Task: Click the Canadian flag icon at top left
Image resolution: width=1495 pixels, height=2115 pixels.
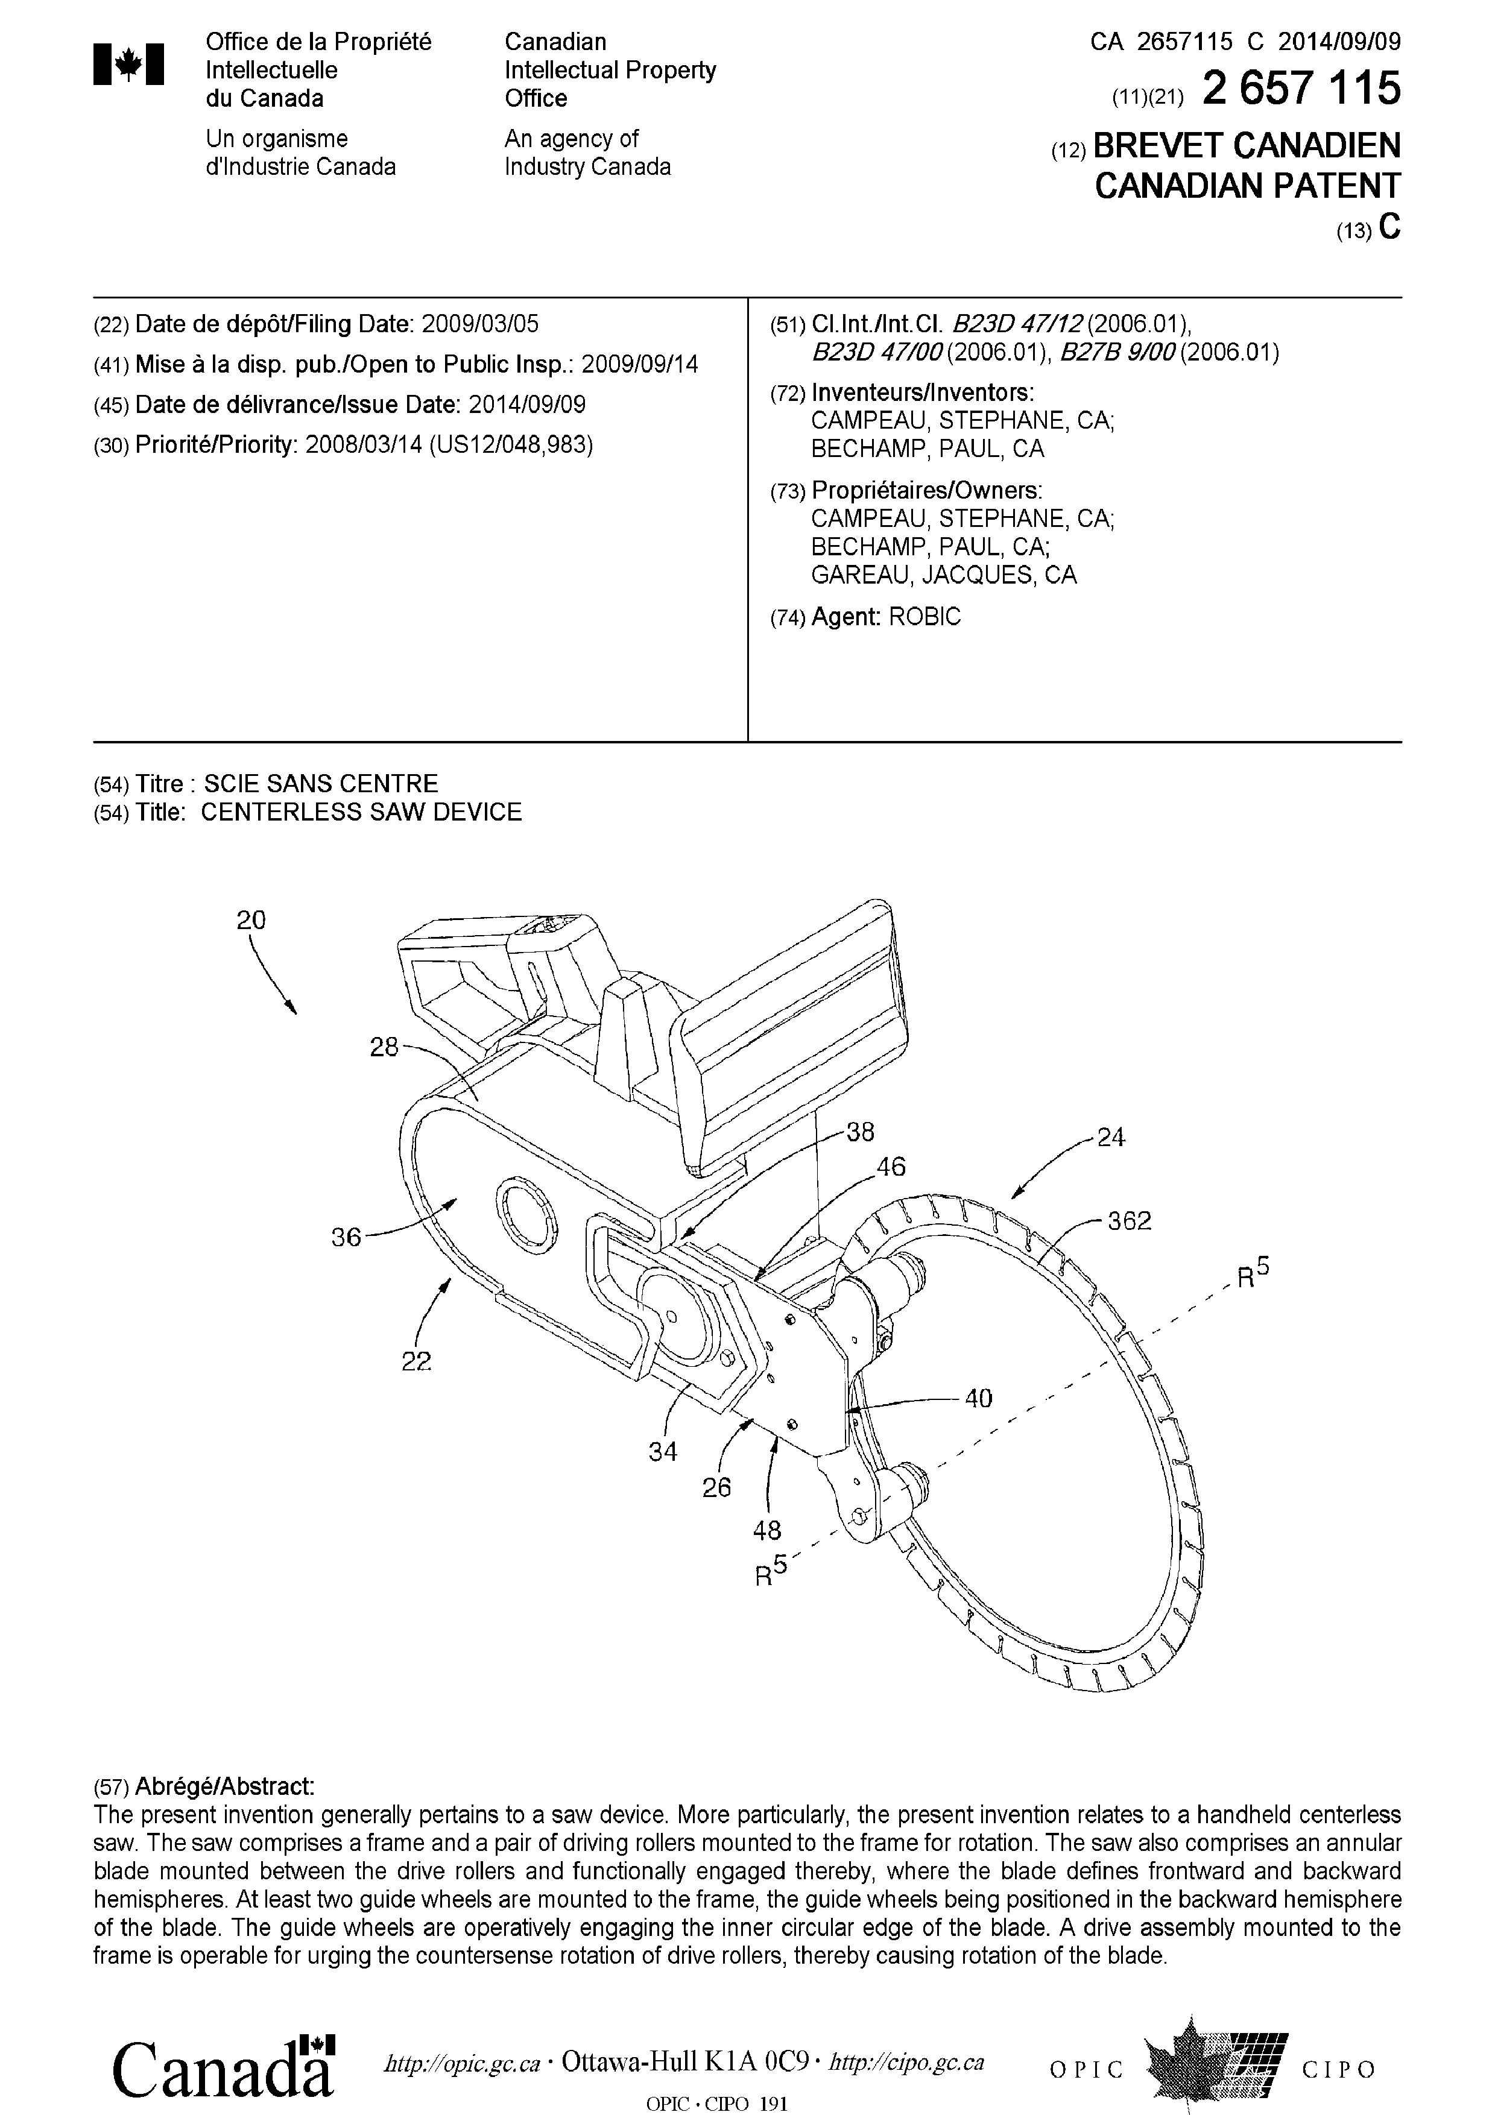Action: click(129, 65)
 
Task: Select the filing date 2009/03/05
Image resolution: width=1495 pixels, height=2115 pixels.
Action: click(480, 324)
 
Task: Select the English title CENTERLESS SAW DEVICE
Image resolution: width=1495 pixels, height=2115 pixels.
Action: click(361, 813)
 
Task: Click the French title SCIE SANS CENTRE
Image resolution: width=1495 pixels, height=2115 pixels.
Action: click(321, 784)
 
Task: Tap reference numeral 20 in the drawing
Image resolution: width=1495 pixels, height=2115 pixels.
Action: click(250, 919)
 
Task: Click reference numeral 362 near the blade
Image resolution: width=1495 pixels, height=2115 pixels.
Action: click(1130, 1221)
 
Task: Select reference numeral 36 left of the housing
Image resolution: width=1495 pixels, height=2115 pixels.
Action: click(346, 1237)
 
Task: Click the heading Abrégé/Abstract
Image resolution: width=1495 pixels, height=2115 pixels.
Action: click(225, 1787)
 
